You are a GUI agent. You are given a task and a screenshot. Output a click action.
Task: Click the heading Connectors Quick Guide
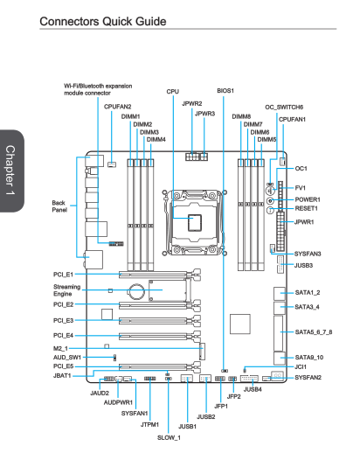coord(103,22)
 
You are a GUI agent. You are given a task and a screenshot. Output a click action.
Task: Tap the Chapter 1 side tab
coord(10,171)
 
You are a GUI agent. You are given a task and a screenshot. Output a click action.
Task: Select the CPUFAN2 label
coord(117,107)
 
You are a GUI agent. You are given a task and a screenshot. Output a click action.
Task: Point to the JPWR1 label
coord(304,222)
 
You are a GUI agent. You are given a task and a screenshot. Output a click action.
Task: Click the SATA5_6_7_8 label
coord(314,331)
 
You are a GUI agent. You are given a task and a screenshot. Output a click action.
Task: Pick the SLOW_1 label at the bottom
coord(169,437)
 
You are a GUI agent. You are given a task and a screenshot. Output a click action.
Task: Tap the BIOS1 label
coord(225,91)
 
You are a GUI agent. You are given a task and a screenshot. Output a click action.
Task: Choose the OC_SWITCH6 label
coord(284,108)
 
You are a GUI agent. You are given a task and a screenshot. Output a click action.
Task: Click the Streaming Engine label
coord(67,290)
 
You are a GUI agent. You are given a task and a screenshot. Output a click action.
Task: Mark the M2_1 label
coord(60,348)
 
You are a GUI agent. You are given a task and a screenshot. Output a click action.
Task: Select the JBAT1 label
coord(62,376)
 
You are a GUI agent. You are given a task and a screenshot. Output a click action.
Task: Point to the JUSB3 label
coord(303,265)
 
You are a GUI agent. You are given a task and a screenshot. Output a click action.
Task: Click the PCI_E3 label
coord(63,320)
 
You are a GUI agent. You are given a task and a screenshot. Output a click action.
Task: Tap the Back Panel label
coord(59,206)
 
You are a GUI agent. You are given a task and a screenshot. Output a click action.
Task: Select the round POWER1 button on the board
coord(270,200)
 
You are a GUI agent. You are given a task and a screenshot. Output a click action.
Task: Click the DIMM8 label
coord(241,116)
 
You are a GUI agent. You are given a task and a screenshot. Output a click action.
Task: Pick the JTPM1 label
coord(149,424)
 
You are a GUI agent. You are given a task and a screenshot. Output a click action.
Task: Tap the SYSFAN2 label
coord(308,378)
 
